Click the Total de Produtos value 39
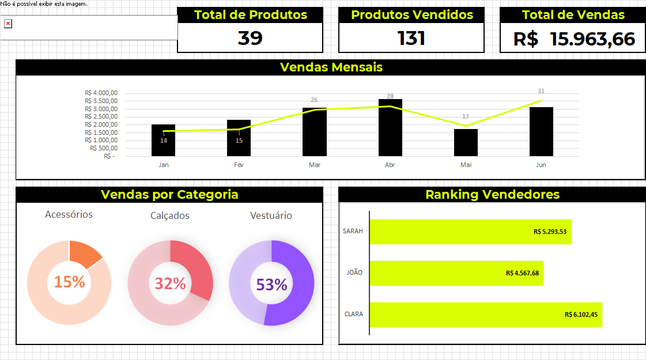point(250,38)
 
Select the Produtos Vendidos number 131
point(411,38)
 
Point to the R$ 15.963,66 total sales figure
point(574,39)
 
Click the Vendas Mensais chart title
point(331,67)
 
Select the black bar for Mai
point(466,142)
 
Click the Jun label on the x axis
point(541,165)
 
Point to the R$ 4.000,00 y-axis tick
point(101,93)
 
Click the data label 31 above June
point(541,91)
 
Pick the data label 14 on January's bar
point(164,141)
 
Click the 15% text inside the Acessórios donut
point(69,282)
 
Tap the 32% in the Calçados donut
point(170,283)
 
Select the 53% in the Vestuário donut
point(271,285)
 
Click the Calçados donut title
point(170,216)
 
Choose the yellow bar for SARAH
point(470,232)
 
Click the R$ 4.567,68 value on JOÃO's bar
point(522,273)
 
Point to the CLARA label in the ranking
point(353,314)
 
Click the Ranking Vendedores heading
point(492,195)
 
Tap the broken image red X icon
point(8,24)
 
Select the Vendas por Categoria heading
point(169,195)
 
